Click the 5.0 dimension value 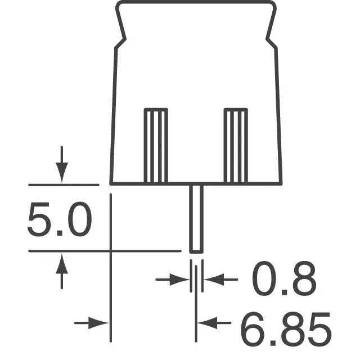point(60,219)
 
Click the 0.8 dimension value point(284,278)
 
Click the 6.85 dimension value point(286,328)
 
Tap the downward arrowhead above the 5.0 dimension point(62,172)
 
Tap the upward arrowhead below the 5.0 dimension point(62,264)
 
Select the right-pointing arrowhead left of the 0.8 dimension point(179,280)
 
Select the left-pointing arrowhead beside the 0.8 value point(214,280)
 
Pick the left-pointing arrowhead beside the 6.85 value point(208,323)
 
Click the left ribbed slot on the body point(156,145)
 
